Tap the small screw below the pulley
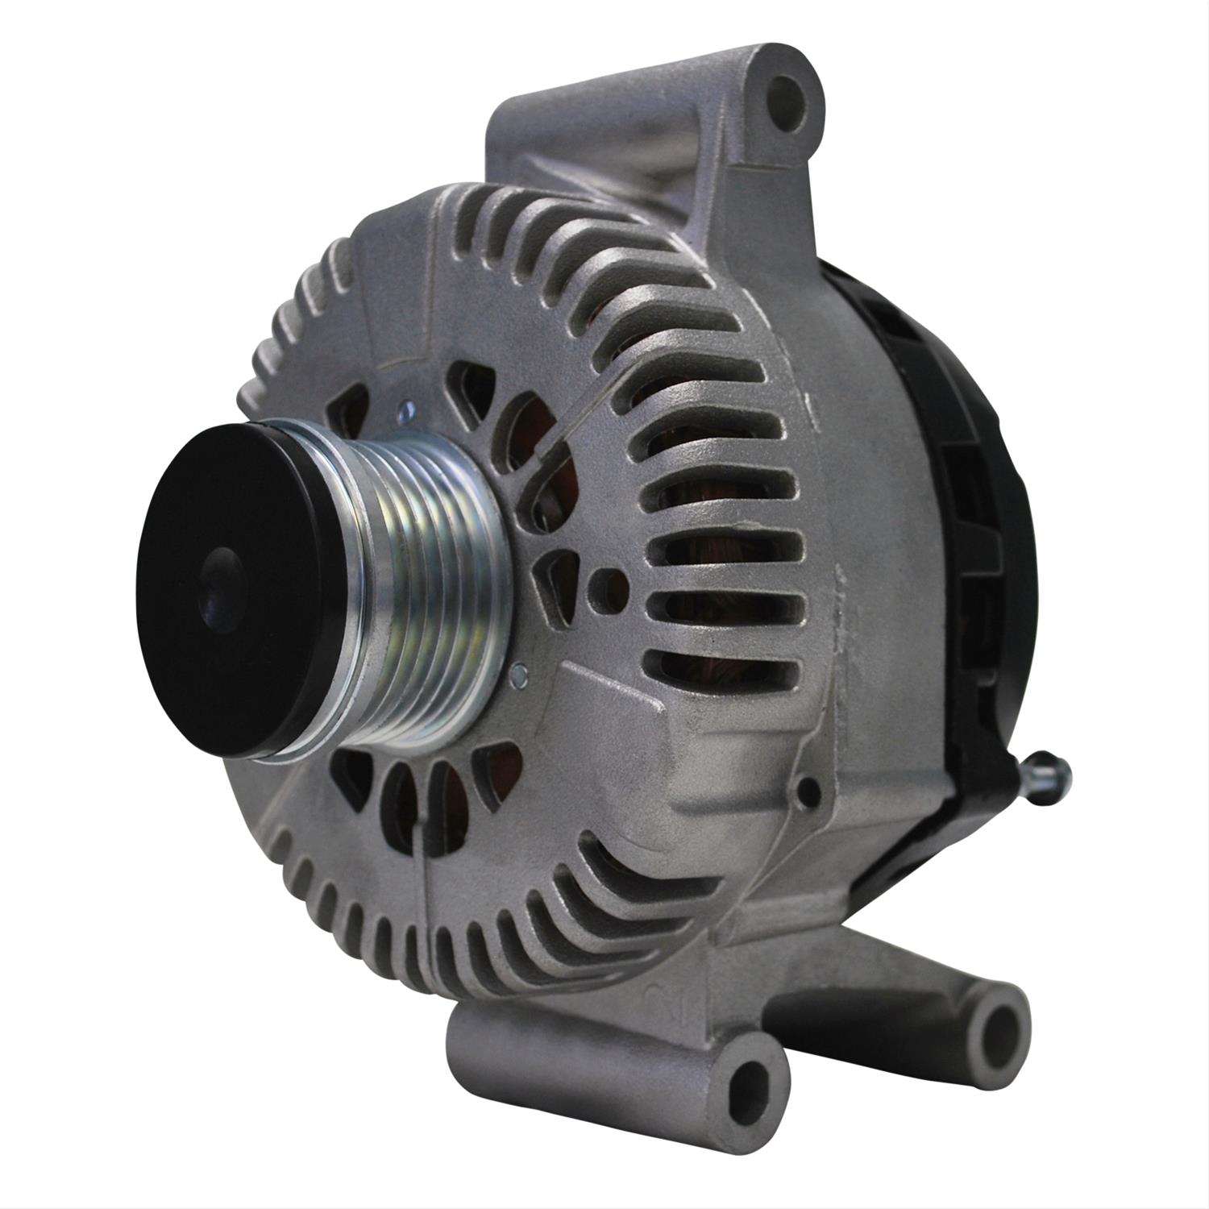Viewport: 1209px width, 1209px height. tap(520, 671)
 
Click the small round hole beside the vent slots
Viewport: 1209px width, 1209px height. tap(600, 580)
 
